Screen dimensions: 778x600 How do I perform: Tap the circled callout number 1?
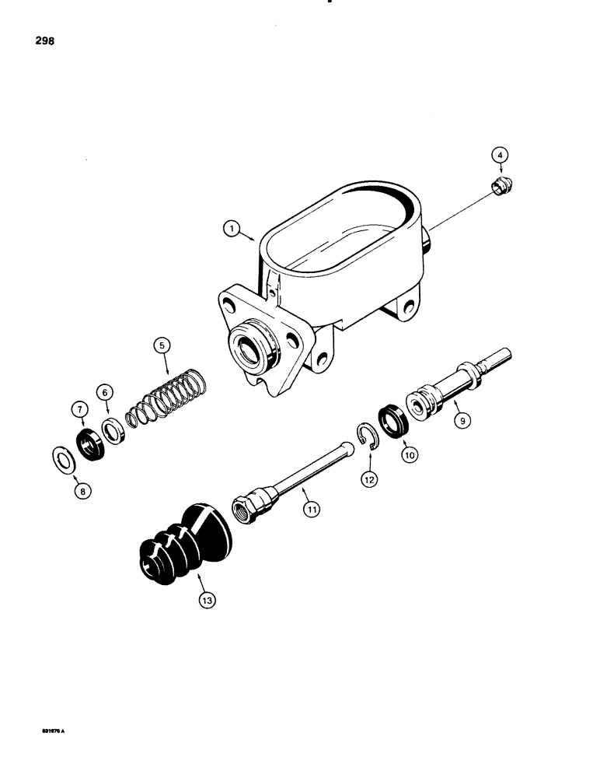click(229, 229)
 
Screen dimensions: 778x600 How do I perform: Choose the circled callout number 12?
click(368, 480)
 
